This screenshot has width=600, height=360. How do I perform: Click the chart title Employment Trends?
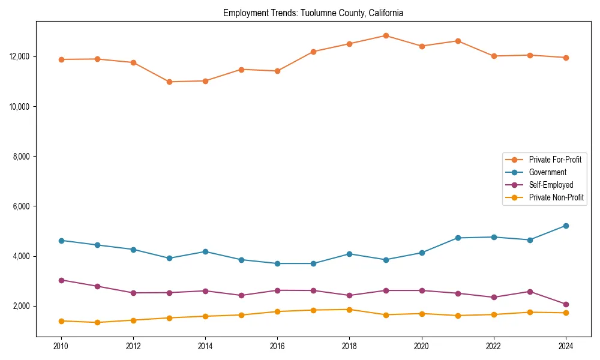313,13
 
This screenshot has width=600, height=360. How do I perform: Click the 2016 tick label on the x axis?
277,346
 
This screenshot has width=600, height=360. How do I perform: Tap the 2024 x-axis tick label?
566,346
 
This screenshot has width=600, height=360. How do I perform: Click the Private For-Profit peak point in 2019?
386,35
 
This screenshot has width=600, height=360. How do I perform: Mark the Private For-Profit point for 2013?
169,82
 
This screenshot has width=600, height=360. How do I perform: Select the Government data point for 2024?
566,226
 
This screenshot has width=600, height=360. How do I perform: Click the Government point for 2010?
61,241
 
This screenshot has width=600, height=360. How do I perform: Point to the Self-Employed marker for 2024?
566,304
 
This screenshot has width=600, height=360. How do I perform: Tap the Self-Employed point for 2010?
61,280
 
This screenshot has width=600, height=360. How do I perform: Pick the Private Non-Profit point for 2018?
350,310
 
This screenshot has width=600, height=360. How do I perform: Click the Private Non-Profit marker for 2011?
97,322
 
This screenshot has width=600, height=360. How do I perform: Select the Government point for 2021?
458,238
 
